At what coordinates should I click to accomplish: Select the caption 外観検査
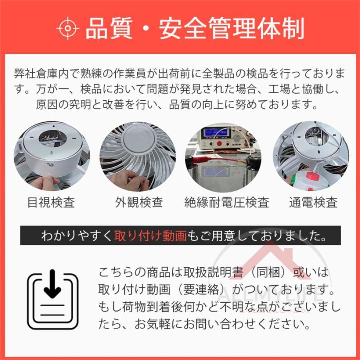click(139, 202)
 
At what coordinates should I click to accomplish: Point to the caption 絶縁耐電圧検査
click(227, 202)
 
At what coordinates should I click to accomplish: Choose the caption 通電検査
click(313, 202)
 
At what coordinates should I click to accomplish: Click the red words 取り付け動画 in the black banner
click(150, 236)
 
